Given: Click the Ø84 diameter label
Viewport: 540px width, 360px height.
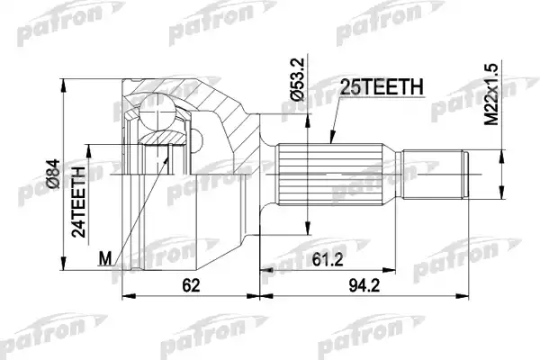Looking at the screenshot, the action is [53, 174].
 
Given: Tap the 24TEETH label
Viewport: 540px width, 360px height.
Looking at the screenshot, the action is [78, 202].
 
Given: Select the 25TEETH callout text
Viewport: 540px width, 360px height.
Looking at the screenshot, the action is [382, 86].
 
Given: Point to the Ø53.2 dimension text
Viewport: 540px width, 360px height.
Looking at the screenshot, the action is [297, 79].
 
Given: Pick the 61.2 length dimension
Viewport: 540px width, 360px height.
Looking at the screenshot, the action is [328, 259].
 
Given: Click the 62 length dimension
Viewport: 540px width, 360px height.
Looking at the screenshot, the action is [191, 285].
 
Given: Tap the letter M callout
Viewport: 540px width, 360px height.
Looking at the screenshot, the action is [105, 258].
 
